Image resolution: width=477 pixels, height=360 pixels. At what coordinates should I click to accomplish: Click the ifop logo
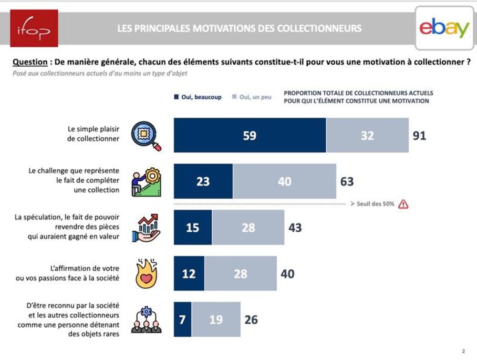pyautogui.click(x=34, y=28)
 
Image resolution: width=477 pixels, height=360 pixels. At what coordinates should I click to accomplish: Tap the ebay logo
pyautogui.click(x=444, y=28)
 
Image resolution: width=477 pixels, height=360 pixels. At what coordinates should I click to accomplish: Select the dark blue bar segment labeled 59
pyautogui.click(x=249, y=135)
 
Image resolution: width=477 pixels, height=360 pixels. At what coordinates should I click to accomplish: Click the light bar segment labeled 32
pyautogui.click(x=367, y=135)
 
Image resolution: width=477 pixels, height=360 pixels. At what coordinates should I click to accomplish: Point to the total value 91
pyautogui.click(x=419, y=135)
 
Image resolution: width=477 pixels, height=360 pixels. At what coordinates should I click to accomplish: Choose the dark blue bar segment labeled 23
pyautogui.click(x=203, y=181)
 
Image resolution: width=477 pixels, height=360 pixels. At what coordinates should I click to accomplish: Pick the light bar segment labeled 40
pyautogui.click(x=284, y=181)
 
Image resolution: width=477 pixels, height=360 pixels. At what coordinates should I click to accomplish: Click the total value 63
pyautogui.click(x=347, y=181)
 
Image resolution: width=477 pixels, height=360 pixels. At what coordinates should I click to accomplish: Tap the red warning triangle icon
pyautogui.click(x=404, y=204)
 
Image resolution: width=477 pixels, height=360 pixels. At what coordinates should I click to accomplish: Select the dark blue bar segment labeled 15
pyautogui.click(x=193, y=227)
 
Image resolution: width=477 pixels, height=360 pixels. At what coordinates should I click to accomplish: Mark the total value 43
pyautogui.click(x=295, y=227)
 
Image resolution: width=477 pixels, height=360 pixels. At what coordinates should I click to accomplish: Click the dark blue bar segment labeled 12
pyautogui.click(x=189, y=273)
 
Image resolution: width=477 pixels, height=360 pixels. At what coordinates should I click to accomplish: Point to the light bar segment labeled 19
pyautogui.click(x=216, y=319)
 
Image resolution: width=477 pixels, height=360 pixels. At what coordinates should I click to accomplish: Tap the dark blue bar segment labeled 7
pyautogui.click(x=182, y=319)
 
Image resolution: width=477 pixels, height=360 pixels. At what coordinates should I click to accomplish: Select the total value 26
pyautogui.click(x=251, y=319)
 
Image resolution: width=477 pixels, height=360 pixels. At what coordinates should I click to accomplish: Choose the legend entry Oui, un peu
pyautogui.click(x=251, y=97)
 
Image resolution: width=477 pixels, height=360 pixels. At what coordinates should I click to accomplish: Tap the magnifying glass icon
pyautogui.click(x=146, y=135)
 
